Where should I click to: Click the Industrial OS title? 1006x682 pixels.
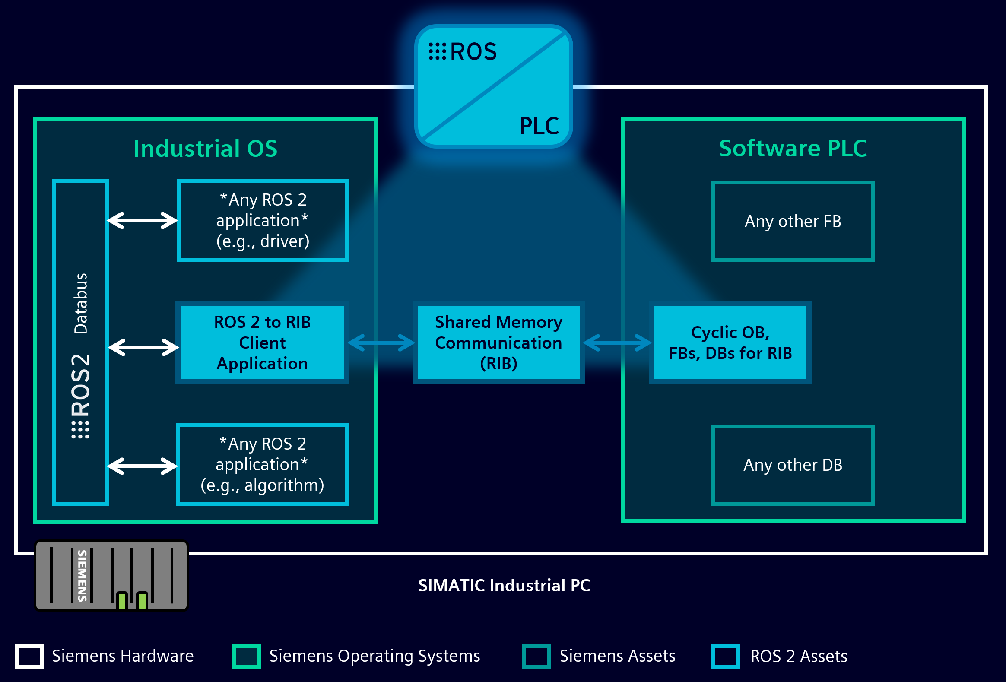pyautogui.click(x=205, y=149)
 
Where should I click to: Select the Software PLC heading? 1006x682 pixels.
pyautogui.click(x=793, y=149)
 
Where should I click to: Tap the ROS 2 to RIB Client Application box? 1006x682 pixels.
pyautogui.click(x=262, y=343)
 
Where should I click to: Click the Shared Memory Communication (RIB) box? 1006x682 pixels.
pyautogui.click(x=498, y=343)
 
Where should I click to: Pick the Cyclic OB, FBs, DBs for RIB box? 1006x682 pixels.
pyautogui.click(x=730, y=343)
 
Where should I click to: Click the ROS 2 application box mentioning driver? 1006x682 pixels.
pyautogui.click(x=263, y=220)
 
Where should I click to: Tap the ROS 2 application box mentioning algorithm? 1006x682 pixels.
pyautogui.click(x=262, y=464)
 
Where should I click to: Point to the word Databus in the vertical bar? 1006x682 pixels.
pyautogui.click(x=81, y=303)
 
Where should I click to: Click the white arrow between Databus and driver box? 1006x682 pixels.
pyautogui.click(x=142, y=220)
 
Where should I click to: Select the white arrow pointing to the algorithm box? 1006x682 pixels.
pyautogui.click(x=142, y=466)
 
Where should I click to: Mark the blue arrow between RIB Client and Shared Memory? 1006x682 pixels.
pyautogui.click(x=381, y=343)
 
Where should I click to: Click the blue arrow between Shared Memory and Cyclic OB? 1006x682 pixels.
pyautogui.click(x=617, y=343)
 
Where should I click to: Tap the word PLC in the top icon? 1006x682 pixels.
pyautogui.click(x=539, y=126)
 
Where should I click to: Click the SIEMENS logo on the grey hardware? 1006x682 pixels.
pyautogui.click(x=82, y=576)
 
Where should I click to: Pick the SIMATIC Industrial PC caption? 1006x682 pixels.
pyautogui.click(x=504, y=586)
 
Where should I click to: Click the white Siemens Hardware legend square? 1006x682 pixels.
pyautogui.click(x=29, y=656)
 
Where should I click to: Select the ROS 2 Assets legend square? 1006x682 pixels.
pyautogui.click(x=725, y=656)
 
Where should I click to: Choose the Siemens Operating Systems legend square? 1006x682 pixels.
pyautogui.click(x=246, y=656)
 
